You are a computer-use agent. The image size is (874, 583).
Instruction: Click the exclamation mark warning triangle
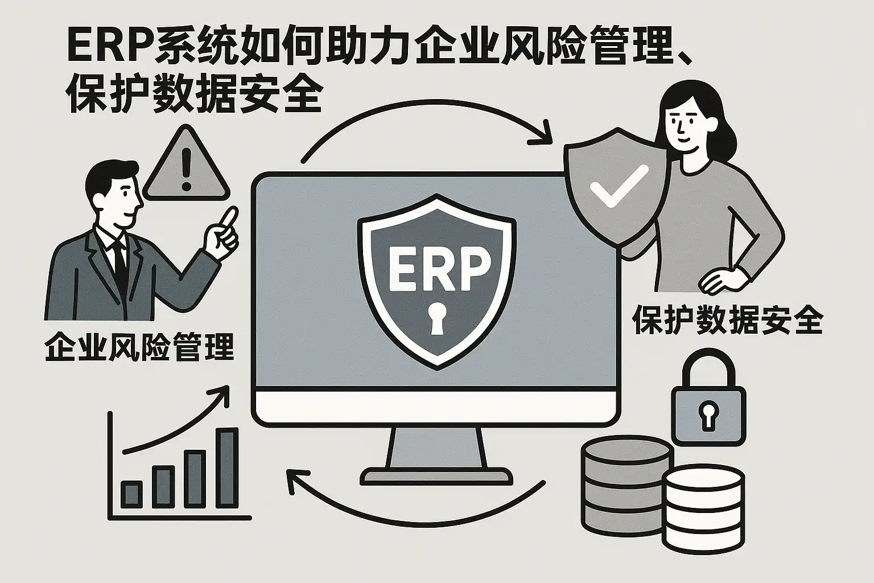(x=184, y=167)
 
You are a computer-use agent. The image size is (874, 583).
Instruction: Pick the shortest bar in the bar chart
(x=131, y=494)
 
